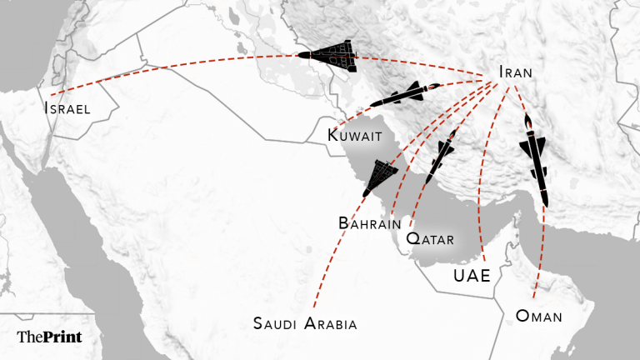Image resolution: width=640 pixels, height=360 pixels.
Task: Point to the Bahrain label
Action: pos(371,223)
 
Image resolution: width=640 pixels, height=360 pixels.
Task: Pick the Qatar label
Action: pos(429,239)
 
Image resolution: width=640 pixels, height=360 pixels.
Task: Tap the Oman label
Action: pos(539,316)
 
